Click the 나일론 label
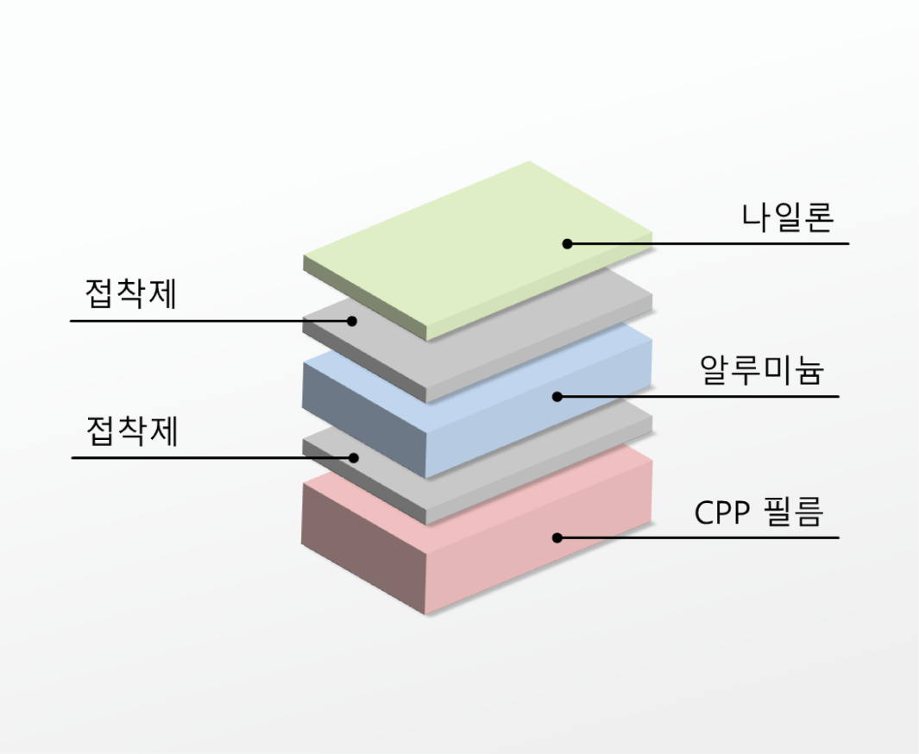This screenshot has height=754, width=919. click(x=787, y=217)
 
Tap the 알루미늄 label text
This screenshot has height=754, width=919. click(x=763, y=370)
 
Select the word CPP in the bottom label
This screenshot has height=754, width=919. click(x=722, y=512)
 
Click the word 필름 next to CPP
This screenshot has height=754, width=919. click(x=794, y=512)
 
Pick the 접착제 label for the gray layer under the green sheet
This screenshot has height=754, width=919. click(x=130, y=293)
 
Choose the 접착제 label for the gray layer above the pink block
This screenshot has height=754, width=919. click(x=132, y=430)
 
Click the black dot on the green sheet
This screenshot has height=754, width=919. click(x=567, y=244)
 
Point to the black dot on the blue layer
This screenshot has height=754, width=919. click(x=557, y=397)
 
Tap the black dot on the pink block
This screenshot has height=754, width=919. click(x=557, y=537)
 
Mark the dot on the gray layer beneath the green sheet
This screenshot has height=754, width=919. click(x=352, y=321)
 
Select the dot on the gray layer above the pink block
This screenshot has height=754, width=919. click(x=354, y=457)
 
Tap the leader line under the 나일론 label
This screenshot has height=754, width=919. click(x=708, y=244)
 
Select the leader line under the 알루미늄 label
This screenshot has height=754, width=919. click(x=698, y=397)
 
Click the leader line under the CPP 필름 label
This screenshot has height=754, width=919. click(x=698, y=537)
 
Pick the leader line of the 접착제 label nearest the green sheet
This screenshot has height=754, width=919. click(x=211, y=321)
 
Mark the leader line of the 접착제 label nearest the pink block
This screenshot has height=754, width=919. click(x=212, y=457)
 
